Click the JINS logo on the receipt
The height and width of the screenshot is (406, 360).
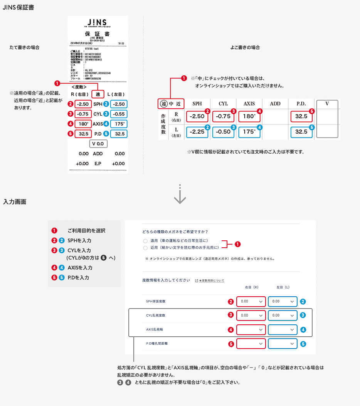tap(98, 22)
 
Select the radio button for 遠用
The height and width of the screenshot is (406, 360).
tap(145, 240)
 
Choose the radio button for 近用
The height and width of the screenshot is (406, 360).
tap(145, 248)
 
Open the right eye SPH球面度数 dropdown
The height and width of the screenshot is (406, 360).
tap(251, 302)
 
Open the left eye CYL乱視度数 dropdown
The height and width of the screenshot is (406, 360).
tap(283, 315)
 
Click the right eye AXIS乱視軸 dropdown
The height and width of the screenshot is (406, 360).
tap(251, 330)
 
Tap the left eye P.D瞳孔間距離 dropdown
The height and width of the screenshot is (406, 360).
tap(283, 344)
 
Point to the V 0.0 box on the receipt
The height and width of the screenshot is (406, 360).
tap(98, 144)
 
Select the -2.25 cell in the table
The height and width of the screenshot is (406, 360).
tap(197, 131)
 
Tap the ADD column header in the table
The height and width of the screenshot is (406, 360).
tap(275, 104)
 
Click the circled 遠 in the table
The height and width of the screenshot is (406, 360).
tap(163, 104)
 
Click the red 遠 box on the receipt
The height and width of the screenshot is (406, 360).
tap(98, 94)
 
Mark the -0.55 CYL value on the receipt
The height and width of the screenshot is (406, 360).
tap(119, 114)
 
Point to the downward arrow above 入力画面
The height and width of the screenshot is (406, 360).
tap(180, 196)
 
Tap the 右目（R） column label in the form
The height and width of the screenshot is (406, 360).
tap(251, 287)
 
